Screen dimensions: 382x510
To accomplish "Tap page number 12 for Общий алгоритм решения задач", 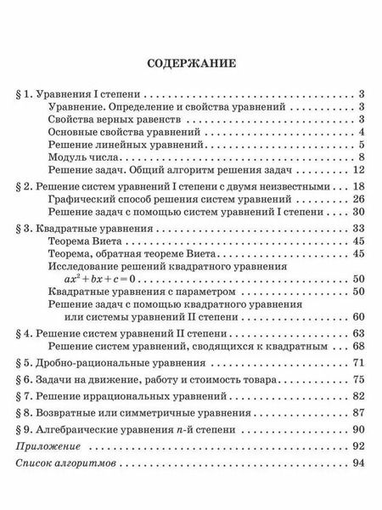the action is tap(357, 169).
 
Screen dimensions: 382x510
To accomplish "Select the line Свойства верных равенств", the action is tap(113, 119).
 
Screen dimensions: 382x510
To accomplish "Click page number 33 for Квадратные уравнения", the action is tap(357, 229).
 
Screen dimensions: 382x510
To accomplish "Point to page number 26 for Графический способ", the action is tap(357, 197).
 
